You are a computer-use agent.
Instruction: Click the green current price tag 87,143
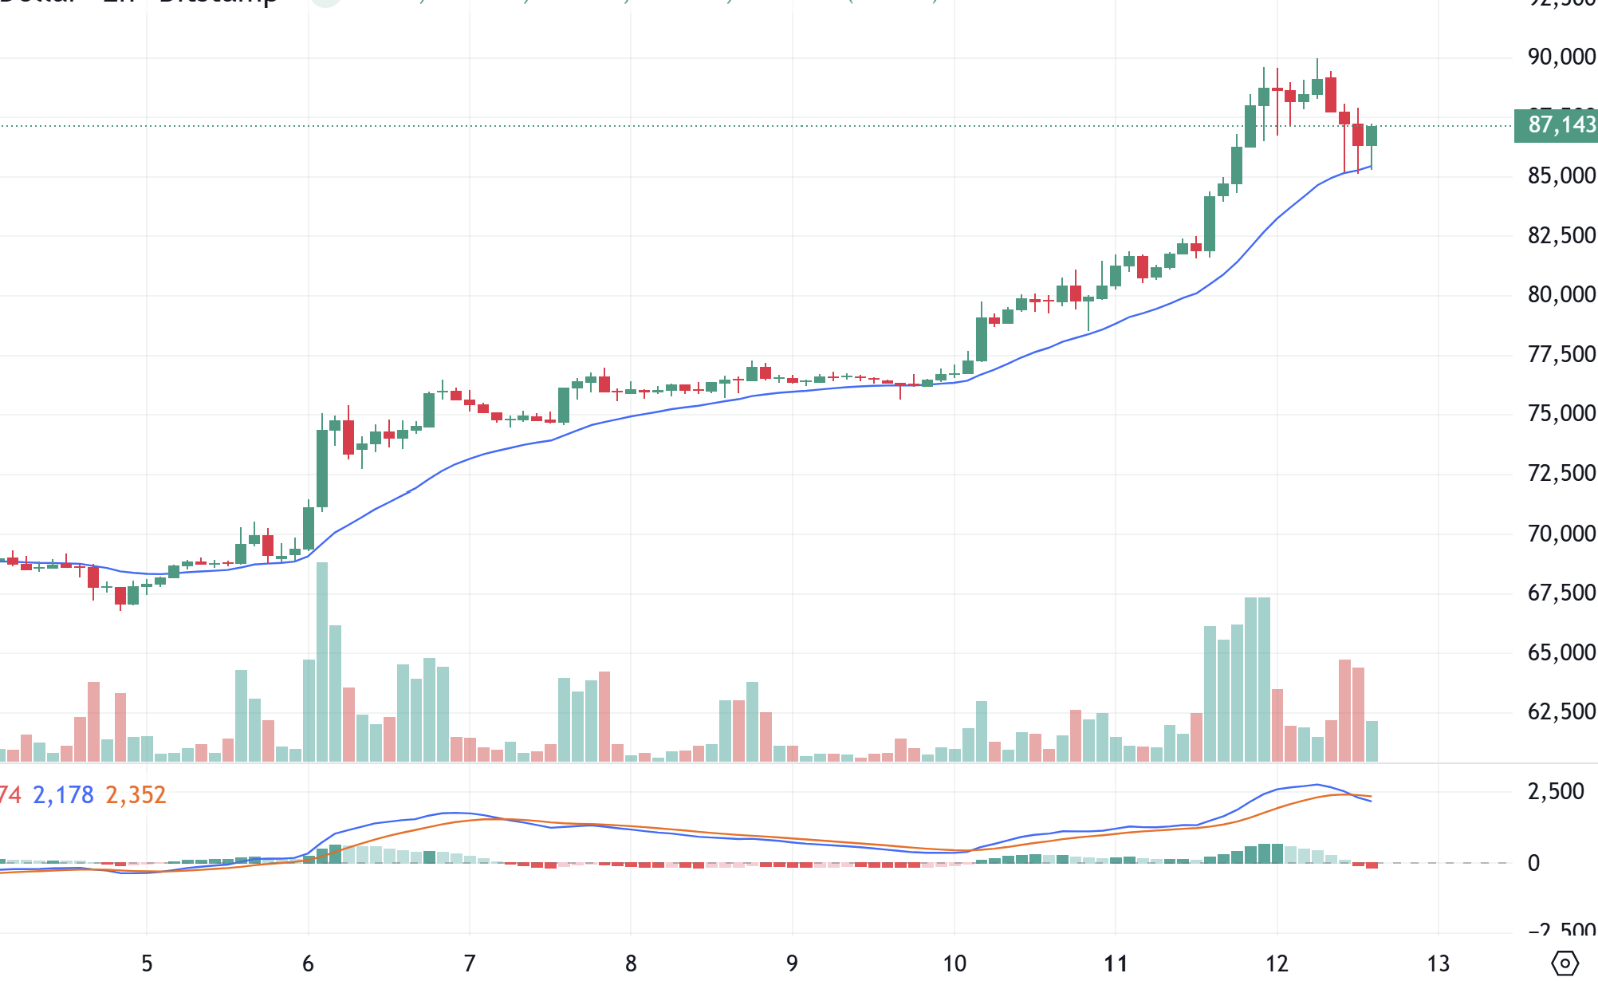[x=1561, y=125]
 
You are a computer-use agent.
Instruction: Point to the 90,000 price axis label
[x=1561, y=57]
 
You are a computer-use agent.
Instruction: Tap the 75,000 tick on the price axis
[x=1561, y=414]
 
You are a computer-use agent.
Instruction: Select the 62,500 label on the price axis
[x=1561, y=711]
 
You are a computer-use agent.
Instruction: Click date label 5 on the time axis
[x=147, y=963]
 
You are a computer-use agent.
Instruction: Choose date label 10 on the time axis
[x=954, y=963]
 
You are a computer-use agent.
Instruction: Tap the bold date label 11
[x=1116, y=963]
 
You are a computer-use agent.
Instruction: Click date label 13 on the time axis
[x=1438, y=963]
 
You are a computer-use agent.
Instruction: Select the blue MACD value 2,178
[x=63, y=795]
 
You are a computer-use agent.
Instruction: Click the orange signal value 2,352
[x=136, y=795]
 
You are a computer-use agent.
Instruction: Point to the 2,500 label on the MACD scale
[x=1555, y=792]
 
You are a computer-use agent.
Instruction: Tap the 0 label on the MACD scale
[x=1533, y=863]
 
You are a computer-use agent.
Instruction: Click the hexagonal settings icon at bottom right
[x=1565, y=963]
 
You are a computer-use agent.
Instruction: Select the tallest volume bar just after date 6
[x=322, y=662]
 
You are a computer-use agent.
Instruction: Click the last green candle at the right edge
[x=1372, y=136]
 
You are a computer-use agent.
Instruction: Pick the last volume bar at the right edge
[x=1372, y=741]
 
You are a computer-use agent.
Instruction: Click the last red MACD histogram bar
[x=1372, y=865]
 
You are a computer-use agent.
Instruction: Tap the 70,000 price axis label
[x=1561, y=534]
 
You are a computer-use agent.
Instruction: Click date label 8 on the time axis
[x=631, y=963]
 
